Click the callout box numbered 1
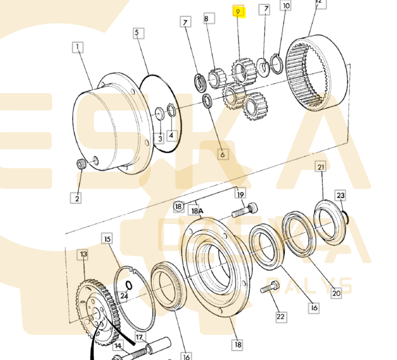[78, 47]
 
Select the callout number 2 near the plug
[77, 198]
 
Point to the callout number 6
[222, 153]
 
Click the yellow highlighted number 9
[238, 11]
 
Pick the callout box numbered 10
[286, 6]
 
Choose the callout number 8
[205, 20]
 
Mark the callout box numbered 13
[83, 254]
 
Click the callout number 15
[107, 239]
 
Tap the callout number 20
[336, 292]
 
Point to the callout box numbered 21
[321, 167]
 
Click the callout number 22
[280, 316]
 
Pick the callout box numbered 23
[340, 196]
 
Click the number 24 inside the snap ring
[124, 295]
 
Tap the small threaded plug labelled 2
[81, 165]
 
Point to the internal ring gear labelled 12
[318, 79]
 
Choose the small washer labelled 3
[159, 113]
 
